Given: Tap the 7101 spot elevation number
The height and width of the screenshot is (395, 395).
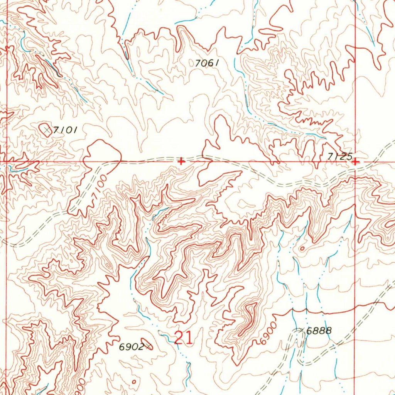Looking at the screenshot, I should tap(65, 130).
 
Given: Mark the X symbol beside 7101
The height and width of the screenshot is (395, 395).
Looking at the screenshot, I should tap(47, 130).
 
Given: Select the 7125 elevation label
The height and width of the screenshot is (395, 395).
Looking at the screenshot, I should tap(339, 156).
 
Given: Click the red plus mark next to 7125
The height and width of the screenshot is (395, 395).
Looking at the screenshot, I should tap(355, 162).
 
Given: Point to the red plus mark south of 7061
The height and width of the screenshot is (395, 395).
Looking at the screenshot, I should tap(181, 162).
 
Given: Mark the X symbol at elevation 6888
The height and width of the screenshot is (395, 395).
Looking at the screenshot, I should tap(301, 330).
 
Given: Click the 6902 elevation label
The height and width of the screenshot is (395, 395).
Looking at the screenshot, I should tap(131, 347).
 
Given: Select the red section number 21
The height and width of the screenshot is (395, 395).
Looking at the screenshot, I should tap(183, 338).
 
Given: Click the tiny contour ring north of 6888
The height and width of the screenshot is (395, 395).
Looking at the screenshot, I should tap(302, 248).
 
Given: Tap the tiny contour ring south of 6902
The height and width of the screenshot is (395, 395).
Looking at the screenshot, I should tap(134, 381).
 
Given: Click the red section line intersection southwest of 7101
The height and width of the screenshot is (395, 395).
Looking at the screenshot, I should tap(7, 162).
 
